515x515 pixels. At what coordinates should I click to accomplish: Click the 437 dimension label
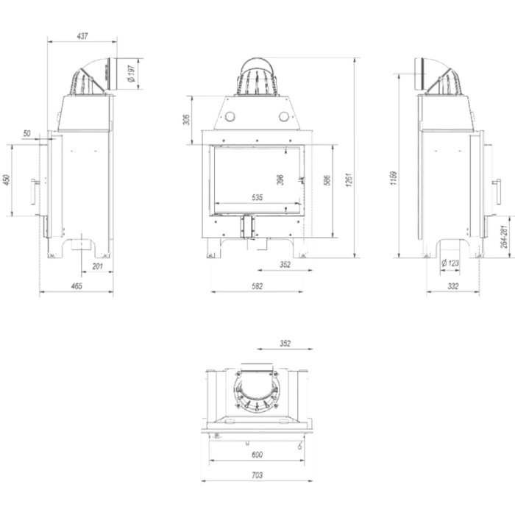pos(82,36)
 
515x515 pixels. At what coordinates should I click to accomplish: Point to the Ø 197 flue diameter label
pos(132,74)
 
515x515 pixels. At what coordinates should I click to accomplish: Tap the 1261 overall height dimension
pos(349,180)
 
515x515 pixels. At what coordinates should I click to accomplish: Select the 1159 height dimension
pos(394,178)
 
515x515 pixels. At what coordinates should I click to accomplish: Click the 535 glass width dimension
pos(257,198)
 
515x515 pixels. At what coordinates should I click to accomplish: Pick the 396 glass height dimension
pos(280,180)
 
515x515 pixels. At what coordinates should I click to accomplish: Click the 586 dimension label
pos(327,180)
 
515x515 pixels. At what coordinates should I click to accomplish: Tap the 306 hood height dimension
pos(187,120)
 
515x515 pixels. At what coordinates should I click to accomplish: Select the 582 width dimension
pos(257,286)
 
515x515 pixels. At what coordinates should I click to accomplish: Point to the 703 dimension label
pos(257,475)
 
